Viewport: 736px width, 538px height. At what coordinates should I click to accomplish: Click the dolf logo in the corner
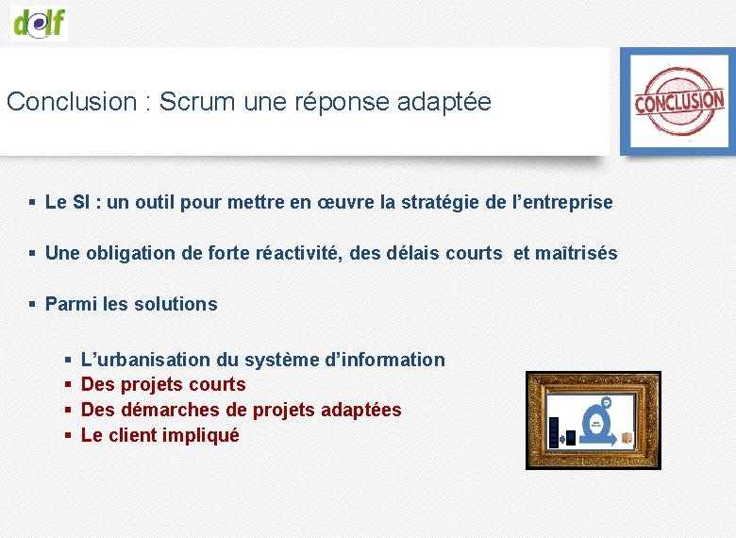40,20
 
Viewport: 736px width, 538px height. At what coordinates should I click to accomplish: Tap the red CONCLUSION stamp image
677,101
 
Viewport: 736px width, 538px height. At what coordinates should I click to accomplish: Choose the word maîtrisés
577,254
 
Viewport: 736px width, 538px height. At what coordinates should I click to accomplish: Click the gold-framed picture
594,420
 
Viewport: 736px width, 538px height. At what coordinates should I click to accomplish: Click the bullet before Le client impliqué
68,436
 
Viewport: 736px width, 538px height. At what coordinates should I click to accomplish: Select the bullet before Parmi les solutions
32,305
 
